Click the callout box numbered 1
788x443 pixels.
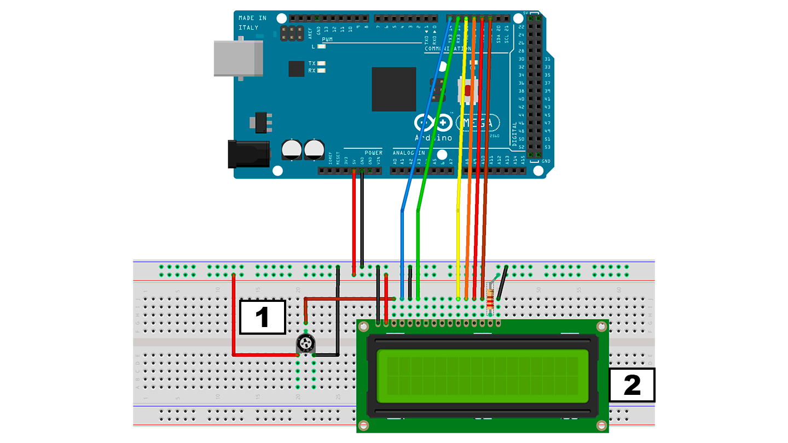[263, 317]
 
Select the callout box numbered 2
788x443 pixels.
[632, 386]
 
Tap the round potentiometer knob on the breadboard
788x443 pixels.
[305, 344]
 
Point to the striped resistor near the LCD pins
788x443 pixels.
[490, 298]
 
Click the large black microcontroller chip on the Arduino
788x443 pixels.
[393, 89]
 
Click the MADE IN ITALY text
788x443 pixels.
[252, 22]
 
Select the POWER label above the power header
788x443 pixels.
[373, 153]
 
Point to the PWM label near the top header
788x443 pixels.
[327, 40]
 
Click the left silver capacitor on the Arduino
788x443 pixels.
[292, 149]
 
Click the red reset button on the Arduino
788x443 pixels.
[468, 90]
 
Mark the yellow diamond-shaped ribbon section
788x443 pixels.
[452, 219]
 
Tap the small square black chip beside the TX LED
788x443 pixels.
[296, 68]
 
